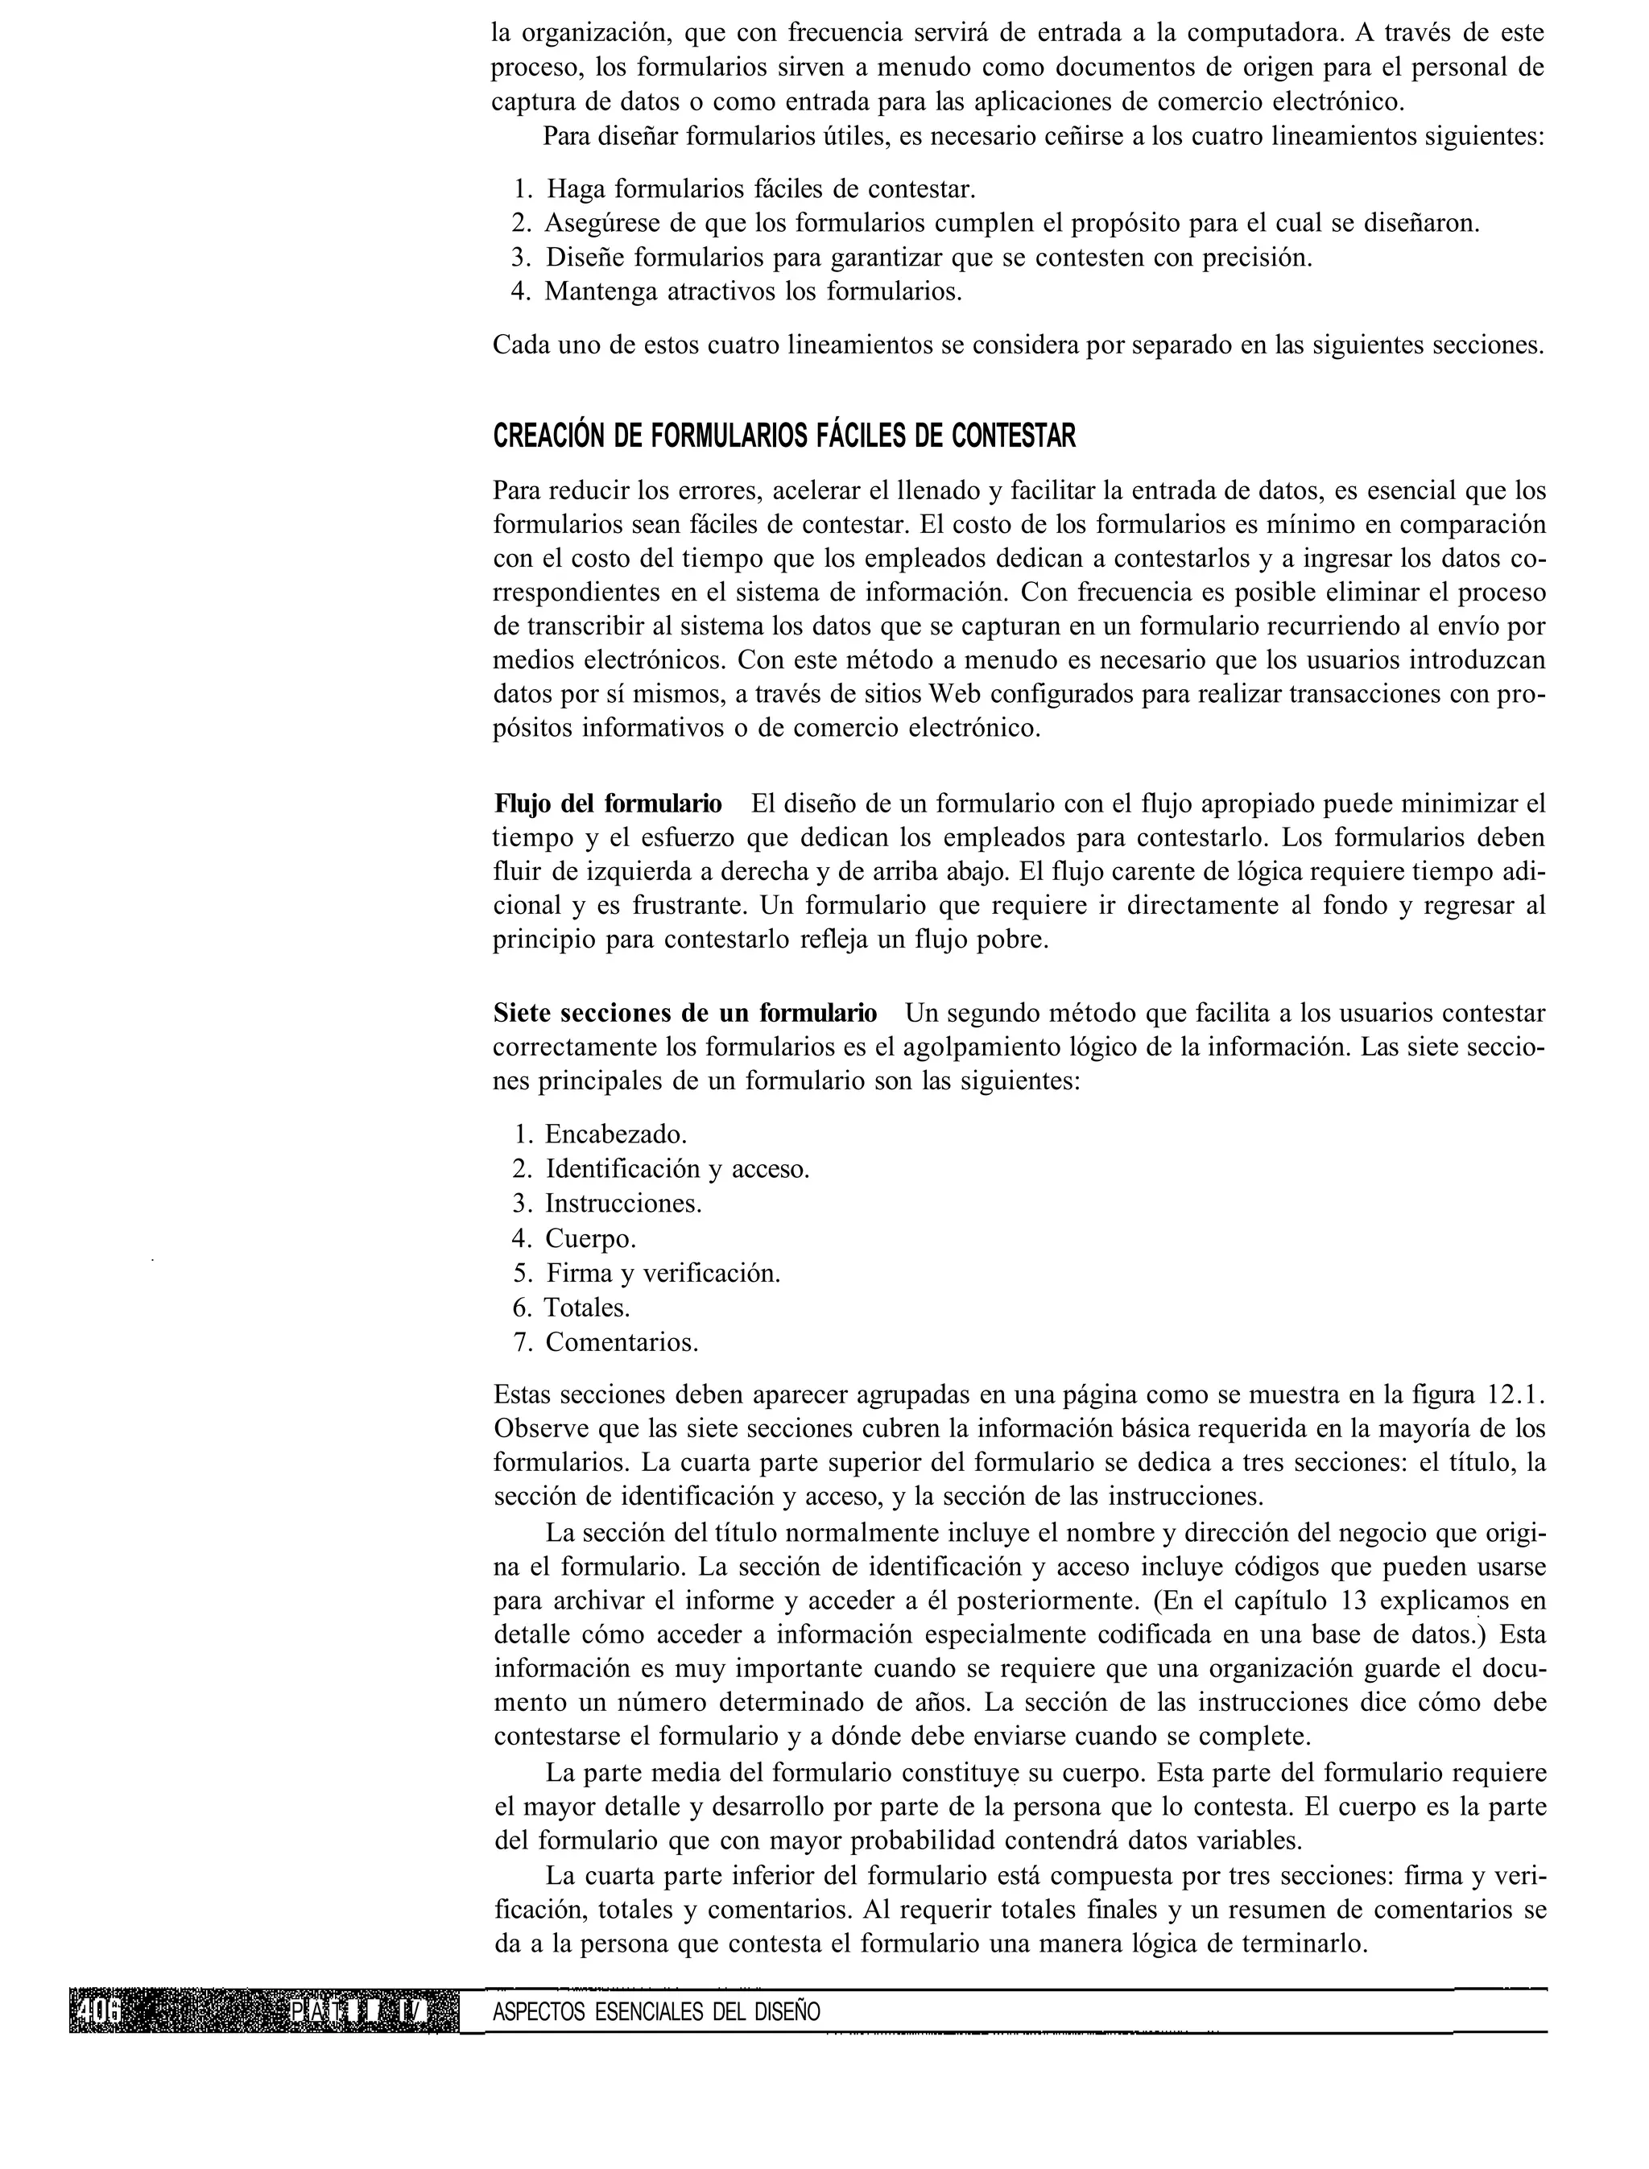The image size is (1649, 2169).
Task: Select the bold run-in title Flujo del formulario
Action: click(608, 804)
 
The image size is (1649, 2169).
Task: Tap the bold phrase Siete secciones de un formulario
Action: click(685, 1012)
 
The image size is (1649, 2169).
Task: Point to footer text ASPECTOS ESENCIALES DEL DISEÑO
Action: click(655, 2012)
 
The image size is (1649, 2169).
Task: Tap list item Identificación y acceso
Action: click(677, 1168)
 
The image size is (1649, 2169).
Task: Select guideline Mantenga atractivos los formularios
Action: click(753, 291)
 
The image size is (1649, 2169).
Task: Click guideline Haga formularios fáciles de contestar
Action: click(760, 188)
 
